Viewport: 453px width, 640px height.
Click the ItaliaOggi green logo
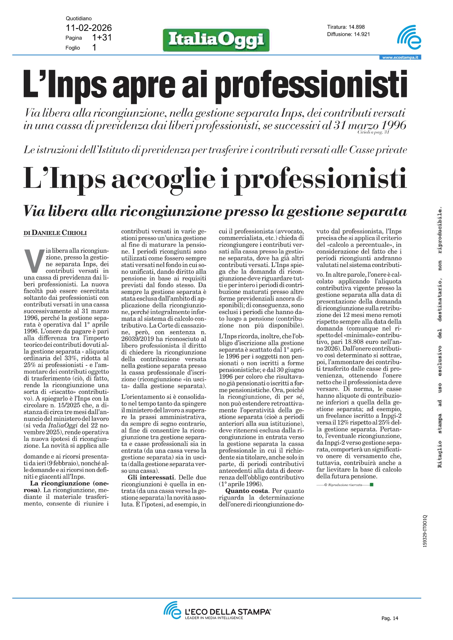(216, 40)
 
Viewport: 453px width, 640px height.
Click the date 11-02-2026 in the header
(89, 28)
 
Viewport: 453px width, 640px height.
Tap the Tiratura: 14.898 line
(346, 27)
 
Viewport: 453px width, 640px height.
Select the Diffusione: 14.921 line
(348, 34)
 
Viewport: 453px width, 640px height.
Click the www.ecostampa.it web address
(400, 57)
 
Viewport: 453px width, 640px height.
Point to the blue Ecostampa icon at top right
(409, 37)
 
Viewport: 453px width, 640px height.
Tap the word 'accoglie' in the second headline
(163, 179)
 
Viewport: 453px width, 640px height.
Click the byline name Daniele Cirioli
(59, 233)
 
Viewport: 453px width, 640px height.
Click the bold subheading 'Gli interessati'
(151, 477)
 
